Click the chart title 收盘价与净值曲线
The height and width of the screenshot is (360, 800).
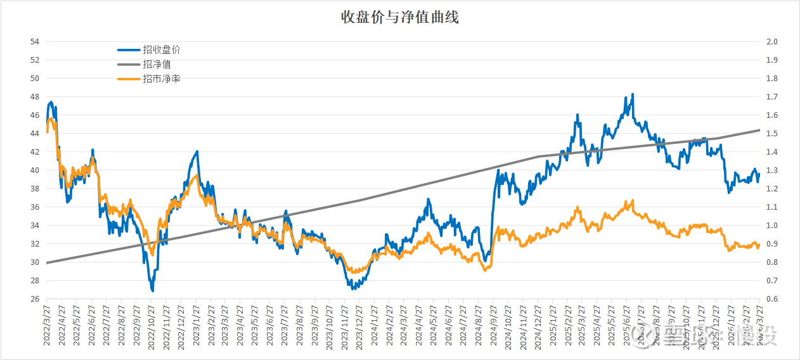tap(399, 18)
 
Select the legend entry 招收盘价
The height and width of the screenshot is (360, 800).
tap(162, 50)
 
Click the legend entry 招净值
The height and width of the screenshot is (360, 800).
tap(157, 65)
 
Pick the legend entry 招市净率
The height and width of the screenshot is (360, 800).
tap(162, 79)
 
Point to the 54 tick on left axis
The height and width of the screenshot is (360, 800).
tap(34, 42)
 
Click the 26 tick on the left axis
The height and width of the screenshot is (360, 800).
tap(34, 299)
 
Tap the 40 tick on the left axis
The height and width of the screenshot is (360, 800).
tap(34, 170)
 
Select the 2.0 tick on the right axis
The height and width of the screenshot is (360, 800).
tap(772, 42)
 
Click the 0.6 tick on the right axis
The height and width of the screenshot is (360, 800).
tap(772, 299)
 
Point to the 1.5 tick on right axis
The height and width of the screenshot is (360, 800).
tap(772, 134)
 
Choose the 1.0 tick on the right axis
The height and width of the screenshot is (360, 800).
tap(772, 226)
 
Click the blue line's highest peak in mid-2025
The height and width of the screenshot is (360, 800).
tap(632, 94)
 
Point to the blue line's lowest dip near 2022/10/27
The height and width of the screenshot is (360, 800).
tap(153, 290)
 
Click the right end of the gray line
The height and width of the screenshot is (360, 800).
tap(759, 130)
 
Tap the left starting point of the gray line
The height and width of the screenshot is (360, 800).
tap(48, 262)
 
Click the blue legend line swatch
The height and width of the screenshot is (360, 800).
tap(129, 50)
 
